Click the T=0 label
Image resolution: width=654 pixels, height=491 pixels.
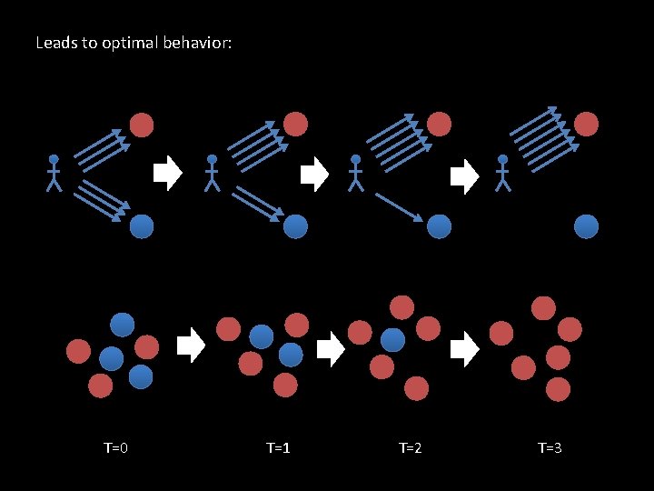tap(115, 447)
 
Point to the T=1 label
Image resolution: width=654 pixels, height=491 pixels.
tap(278, 447)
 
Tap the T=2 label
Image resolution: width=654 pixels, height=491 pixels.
tap(411, 447)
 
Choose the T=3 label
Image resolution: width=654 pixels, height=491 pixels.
tap(550, 447)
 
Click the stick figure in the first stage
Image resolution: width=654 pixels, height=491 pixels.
tap(54, 173)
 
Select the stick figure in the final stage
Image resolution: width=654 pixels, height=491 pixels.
tap(503, 173)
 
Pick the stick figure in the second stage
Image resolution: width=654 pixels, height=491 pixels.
tap(212, 173)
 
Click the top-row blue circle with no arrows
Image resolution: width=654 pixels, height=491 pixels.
tap(587, 226)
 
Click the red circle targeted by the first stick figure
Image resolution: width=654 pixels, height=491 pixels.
tap(142, 124)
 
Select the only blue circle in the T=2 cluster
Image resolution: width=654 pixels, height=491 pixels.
tap(392, 340)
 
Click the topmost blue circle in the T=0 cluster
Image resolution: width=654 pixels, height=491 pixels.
tap(123, 325)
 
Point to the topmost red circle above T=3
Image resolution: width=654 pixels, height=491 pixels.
tap(543, 307)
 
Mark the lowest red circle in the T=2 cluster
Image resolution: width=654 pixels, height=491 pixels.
tap(416, 388)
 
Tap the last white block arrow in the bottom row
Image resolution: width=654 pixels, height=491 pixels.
tap(465, 349)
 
